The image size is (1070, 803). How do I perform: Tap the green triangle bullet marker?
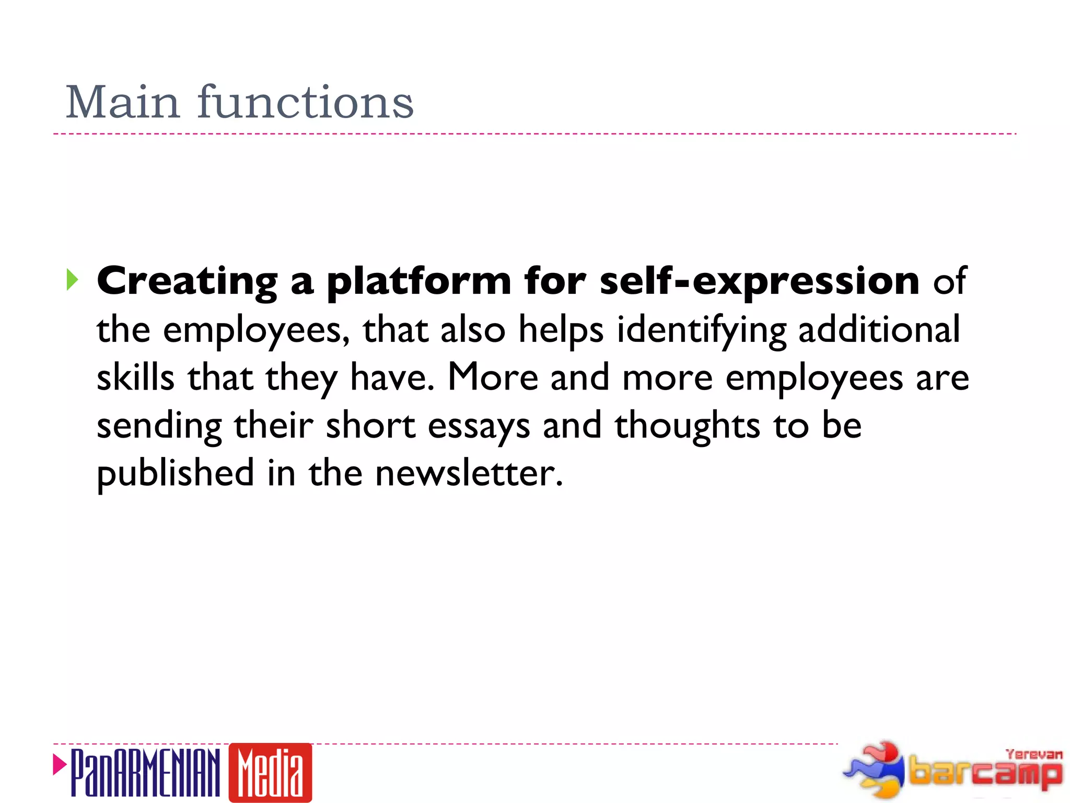(72, 280)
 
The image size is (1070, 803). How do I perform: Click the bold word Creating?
(187, 281)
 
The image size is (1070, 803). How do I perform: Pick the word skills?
(135, 377)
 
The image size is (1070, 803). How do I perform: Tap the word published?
(176, 474)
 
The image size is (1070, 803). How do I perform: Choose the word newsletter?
(469, 474)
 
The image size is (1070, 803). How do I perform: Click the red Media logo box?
(270, 773)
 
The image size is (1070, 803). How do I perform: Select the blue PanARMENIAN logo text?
(145, 773)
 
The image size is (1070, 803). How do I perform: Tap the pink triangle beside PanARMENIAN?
(60, 765)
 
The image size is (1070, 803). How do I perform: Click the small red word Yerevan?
(1034, 754)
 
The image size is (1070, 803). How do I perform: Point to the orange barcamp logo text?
(985, 772)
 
